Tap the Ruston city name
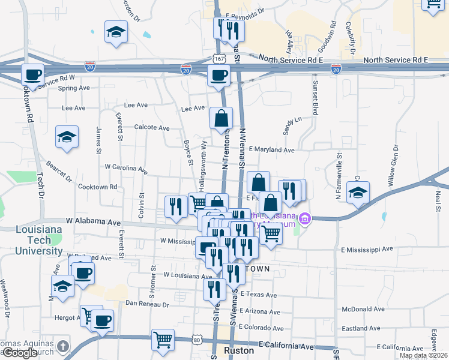point(235,350)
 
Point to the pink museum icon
point(305,218)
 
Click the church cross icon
point(63,346)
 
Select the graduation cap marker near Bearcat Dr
point(67,137)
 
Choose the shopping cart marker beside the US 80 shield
point(163,340)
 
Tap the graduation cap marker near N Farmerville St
point(358,193)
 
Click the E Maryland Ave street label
point(271,150)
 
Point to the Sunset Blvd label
point(314,97)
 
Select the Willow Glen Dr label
point(394,165)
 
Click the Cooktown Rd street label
point(97,187)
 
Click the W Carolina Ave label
point(126,169)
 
